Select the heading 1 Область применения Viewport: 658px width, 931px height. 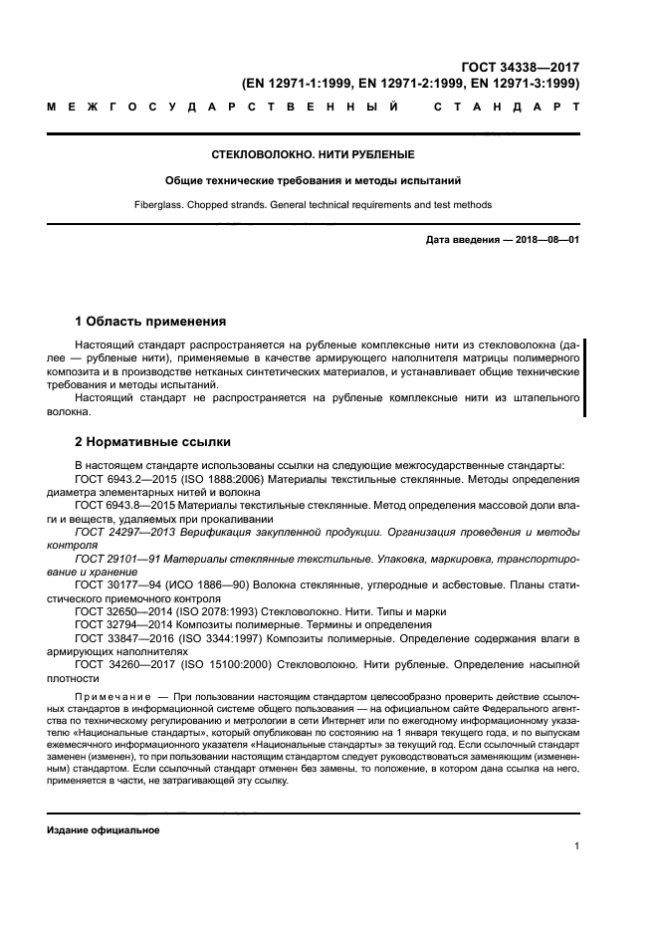[150, 322]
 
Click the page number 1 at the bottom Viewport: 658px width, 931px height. [576, 846]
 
